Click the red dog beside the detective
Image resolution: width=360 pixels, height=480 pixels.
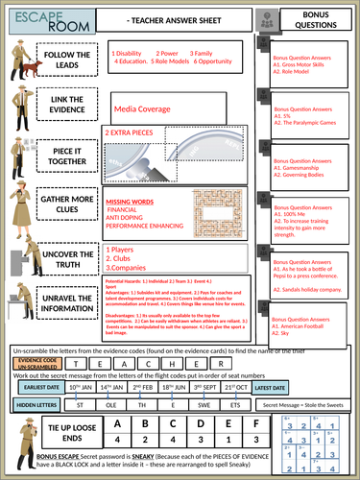34,68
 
